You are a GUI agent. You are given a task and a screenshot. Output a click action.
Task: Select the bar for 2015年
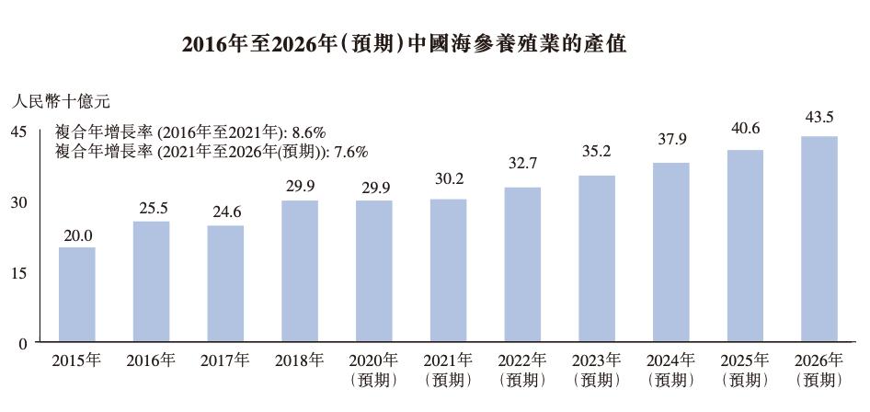point(77,294)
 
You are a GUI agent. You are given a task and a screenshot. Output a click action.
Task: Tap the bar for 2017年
point(225,283)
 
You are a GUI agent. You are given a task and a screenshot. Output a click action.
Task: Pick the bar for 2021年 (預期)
point(448,270)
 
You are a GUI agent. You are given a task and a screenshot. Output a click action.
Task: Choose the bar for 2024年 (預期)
point(670,252)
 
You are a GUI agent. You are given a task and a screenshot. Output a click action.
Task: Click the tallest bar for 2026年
point(818,239)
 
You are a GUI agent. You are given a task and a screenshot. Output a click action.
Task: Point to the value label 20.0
point(77,235)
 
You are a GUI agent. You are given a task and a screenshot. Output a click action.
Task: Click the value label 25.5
point(151,210)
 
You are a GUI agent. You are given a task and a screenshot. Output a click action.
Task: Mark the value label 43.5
point(818,117)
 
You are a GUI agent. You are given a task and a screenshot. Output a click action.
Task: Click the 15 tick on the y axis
point(18,273)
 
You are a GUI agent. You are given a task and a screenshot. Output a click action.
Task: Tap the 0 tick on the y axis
point(24,343)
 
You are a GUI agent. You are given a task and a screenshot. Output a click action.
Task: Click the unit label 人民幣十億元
point(61,101)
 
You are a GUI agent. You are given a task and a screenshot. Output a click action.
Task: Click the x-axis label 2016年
point(151,360)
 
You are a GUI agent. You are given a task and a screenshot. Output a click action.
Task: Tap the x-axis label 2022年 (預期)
point(522,370)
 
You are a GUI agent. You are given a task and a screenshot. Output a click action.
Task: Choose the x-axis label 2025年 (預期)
point(745,370)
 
